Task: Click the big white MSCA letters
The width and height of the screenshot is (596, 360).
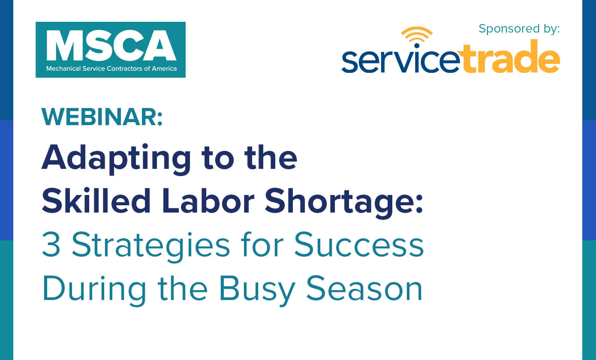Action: [x=111, y=45]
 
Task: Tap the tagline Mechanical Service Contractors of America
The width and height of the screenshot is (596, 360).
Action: [x=111, y=69]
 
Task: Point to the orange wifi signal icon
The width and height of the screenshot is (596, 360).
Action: [x=417, y=36]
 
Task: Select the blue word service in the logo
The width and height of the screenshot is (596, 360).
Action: [x=401, y=60]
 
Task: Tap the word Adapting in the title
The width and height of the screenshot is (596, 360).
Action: [x=116, y=159]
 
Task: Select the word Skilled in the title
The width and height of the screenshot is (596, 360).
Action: [x=96, y=201]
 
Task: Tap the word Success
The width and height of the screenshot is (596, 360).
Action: [x=358, y=244]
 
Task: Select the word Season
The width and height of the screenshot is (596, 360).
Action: [x=364, y=288]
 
